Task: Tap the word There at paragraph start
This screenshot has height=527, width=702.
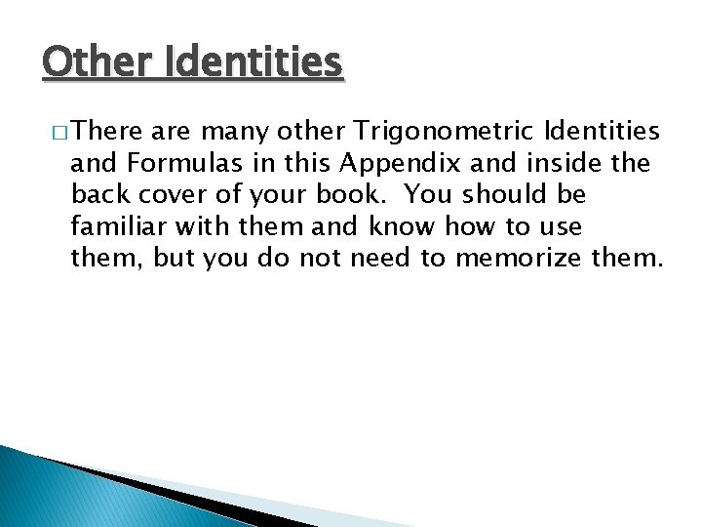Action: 104,131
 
